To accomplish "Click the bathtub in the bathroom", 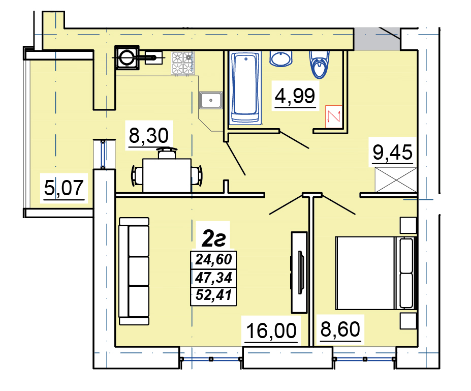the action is click(245, 88).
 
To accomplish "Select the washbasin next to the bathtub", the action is click(281, 58).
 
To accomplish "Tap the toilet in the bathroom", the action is click(320, 64).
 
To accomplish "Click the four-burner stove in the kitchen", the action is click(183, 63).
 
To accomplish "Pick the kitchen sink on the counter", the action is click(211, 100).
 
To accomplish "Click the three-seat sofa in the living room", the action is click(134, 271).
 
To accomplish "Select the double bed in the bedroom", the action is click(376, 273).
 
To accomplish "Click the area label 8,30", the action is click(149, 136).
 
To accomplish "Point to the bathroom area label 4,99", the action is click(295, 96).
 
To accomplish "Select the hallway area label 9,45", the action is click(393, 152).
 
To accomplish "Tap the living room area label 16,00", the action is click(271, 330).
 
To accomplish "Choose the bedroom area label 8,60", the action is click(340, 329).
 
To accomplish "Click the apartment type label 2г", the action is click(213, 238).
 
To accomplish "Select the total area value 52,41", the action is click(213, 295).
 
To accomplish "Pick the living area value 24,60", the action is click(213, 259).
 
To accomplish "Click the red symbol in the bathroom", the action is click(334, 116).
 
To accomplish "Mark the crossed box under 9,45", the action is click(396, 179).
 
